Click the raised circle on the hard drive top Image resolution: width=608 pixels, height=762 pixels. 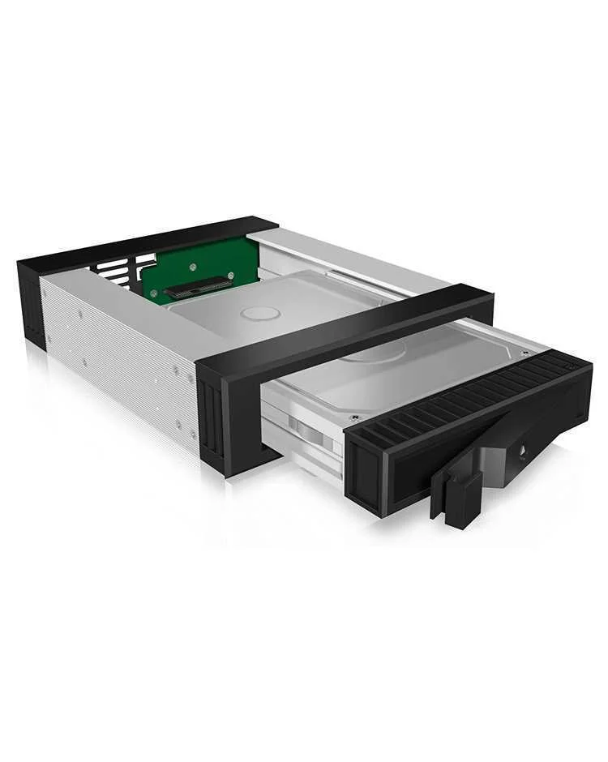pos(260,313)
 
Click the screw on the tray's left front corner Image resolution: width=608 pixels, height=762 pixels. pos(354,418)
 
